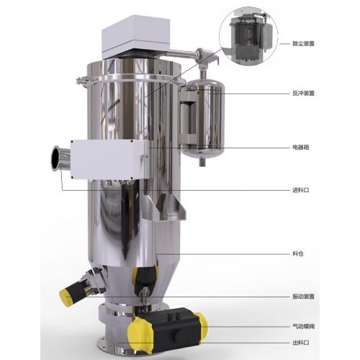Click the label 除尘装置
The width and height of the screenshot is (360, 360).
pos(303,44)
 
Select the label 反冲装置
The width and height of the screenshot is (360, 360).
pos(303,94)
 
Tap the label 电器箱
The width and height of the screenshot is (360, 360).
pos(300,148)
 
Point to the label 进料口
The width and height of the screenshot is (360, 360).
pos(300,190)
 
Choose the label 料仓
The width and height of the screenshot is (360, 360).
pos(298,253)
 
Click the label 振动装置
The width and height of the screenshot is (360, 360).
pos(303,297)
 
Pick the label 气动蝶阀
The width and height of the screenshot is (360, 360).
pos(303,326)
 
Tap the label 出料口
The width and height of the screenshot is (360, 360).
pos(300,343)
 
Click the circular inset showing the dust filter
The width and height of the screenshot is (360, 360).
pos(248,37)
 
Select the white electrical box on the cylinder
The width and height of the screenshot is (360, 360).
pos(108,159)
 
